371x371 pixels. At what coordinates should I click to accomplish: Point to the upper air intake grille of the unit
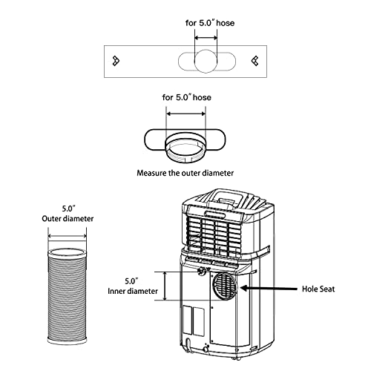(x=215, y=230)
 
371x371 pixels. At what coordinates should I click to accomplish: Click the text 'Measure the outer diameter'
(x=185, y=173)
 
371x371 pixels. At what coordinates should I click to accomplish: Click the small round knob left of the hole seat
(x=201, y=273)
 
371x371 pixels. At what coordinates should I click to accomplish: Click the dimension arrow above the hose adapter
(x=185, y=114)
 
